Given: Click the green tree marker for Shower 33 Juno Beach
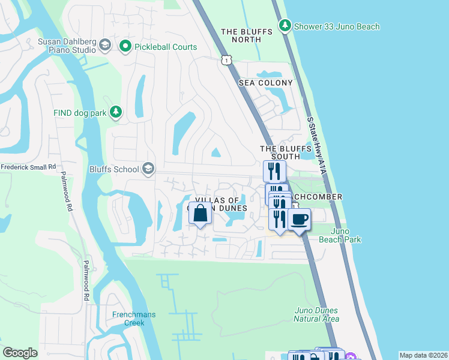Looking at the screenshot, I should tap(285, 26).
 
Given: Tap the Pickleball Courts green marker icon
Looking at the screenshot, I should tap(125, 46).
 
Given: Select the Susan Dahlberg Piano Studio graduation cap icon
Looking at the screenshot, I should tap(105, 46).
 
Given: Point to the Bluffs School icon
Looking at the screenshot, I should tap(148, 169).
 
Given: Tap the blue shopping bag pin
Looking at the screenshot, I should tap(200, 213).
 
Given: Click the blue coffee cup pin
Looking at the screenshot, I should tap(299, 219).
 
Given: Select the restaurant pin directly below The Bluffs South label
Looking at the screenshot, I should tap(273, 170).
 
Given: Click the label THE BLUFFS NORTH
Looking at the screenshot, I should tap(249, 35).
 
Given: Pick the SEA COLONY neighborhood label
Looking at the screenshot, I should tap(266, 83).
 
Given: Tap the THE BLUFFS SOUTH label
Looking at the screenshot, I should tap(279, 152).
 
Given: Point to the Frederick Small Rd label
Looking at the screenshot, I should tap(28, 167).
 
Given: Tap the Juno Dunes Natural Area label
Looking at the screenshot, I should tap(316, 314).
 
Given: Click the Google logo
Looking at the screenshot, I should tap(20, 353).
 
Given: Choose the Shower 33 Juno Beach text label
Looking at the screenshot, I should tap(337, 26).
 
